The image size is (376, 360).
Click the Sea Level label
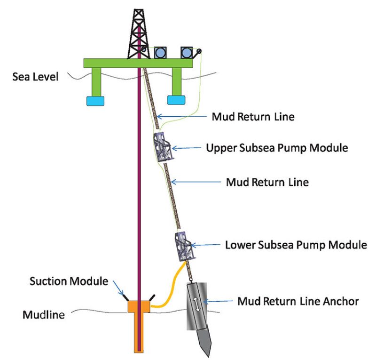tap(35, 76)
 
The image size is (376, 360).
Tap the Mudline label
tap(44, 314)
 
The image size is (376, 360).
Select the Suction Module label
tap(69, 282)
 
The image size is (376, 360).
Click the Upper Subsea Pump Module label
tap(277, 148)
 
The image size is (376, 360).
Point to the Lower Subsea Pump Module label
tap(295, 245)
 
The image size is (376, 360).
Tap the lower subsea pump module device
tap(184, 245)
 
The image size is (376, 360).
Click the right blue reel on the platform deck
tap(188, 52)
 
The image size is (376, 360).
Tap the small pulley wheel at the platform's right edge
tap(200, 52)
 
